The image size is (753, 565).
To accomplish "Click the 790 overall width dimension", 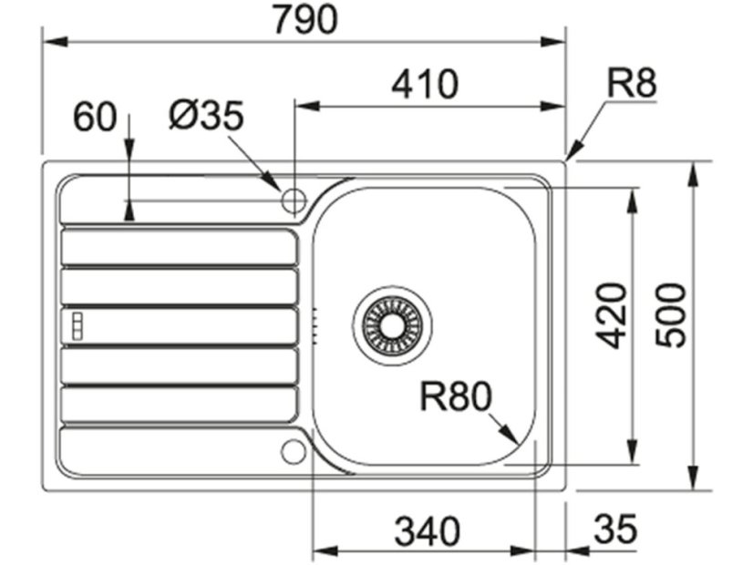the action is click(305, 19).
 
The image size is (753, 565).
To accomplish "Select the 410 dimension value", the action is click(425, 84).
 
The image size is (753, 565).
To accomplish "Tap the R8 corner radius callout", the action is click(631, 82).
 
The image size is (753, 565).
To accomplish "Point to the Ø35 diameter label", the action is click(206, 115).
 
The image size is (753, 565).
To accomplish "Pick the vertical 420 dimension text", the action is click(612, 316).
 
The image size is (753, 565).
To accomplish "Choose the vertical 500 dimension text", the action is click(671, 315).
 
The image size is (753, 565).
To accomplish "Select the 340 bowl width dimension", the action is click(427, 531).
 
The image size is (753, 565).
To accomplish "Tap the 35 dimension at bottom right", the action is click(615, 528).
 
